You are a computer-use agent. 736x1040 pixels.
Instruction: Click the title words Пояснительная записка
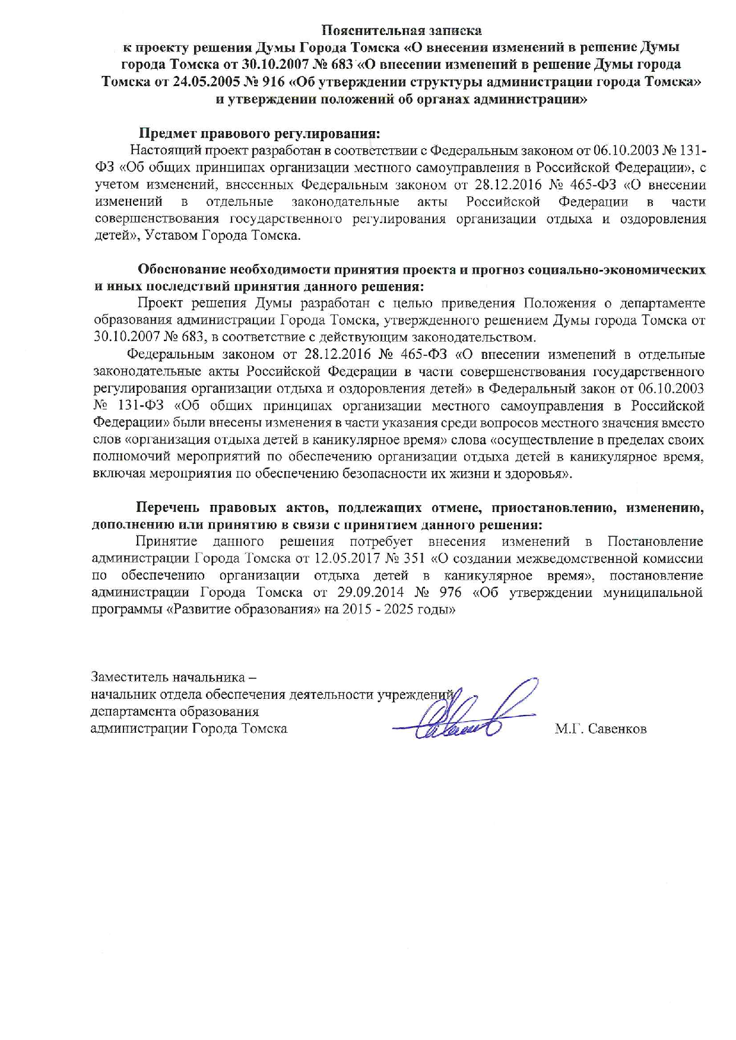[x=401, y=30]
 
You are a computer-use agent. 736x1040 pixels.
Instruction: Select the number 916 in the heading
[x=271, y=82]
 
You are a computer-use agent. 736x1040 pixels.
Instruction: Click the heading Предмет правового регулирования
[x=259, y=133]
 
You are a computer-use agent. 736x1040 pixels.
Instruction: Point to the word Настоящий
[x=166, y=150]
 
